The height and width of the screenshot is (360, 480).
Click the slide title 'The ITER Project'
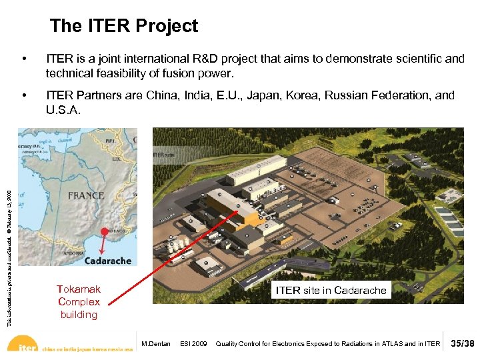click(124, 26)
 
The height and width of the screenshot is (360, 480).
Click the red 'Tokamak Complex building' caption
click(79, 301)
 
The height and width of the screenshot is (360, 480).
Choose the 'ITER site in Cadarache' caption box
click(331, 290)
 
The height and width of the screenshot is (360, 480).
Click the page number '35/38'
click(462, 343)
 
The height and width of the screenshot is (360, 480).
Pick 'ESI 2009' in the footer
click(193, 344)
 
